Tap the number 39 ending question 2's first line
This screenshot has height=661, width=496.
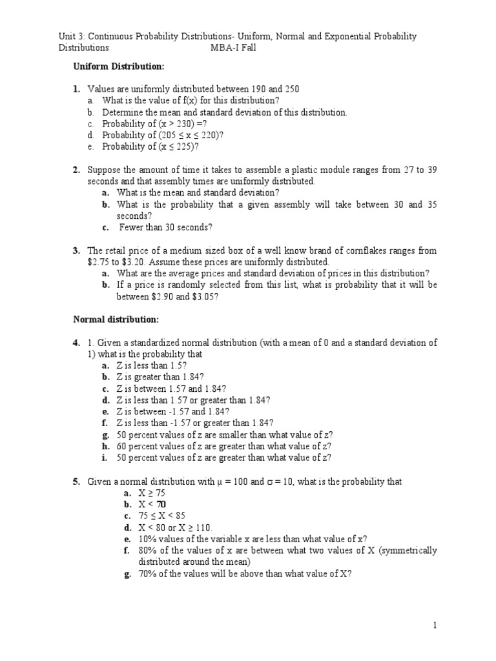tap(431, 170)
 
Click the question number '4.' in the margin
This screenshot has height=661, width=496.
tap(76, 343)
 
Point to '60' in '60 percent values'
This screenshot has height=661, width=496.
tap(123, 446)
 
